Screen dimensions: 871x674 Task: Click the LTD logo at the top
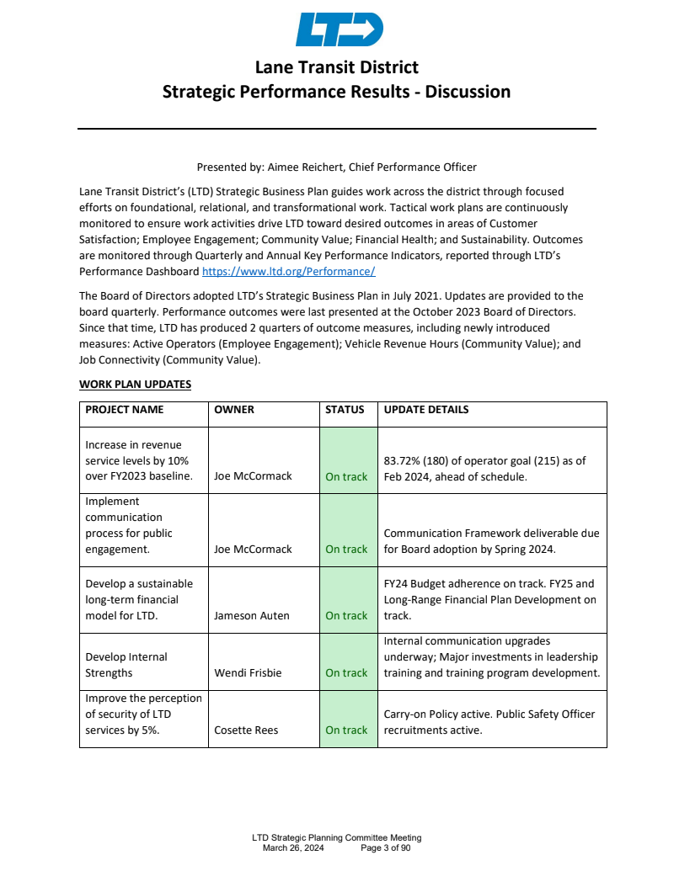340,29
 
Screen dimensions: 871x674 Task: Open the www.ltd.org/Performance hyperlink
288,272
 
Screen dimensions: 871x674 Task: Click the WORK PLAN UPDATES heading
135,385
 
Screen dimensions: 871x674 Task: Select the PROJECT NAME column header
125,410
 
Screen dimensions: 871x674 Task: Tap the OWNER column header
234,410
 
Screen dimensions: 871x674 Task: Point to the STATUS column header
345,410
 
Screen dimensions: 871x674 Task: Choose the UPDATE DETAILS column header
426,410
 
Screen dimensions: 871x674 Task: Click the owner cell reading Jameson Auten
252,615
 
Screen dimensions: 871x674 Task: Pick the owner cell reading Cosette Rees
247,730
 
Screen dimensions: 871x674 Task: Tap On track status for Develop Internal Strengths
346,672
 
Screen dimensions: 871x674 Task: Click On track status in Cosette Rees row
346,730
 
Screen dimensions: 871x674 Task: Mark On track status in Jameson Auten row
346,615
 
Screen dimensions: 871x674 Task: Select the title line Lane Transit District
337,67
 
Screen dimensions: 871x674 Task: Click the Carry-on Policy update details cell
489,722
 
